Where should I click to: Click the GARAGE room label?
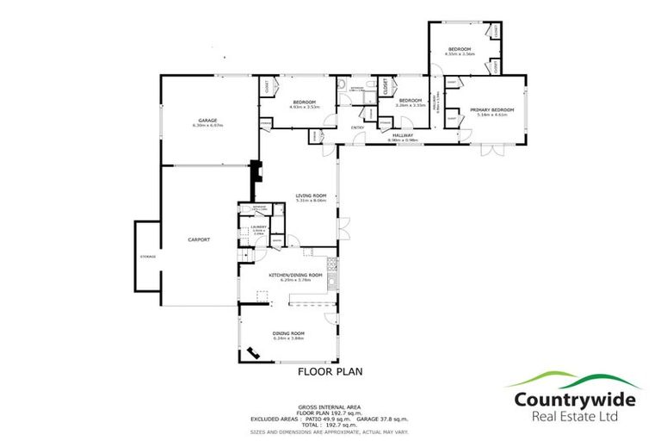pos(207,120)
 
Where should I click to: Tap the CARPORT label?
pos(199,239)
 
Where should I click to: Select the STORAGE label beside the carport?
pos(147,257)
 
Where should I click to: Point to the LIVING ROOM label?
pos(312,195)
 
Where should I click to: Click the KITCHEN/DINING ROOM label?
pos(295,275)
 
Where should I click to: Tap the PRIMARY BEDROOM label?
pos(491,109)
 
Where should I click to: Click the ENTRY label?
pos(356,128)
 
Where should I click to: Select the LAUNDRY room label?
pos(257,227)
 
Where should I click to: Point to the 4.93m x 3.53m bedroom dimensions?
pos(303,108)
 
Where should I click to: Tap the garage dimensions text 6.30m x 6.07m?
pos(207,125)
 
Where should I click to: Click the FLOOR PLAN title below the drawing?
pos(330,372)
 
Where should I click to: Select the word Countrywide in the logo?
pos(575,399)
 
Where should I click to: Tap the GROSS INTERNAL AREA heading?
pos(330,406)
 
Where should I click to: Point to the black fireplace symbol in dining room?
pos(255,352)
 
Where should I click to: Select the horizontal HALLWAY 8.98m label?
pos(403,134)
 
